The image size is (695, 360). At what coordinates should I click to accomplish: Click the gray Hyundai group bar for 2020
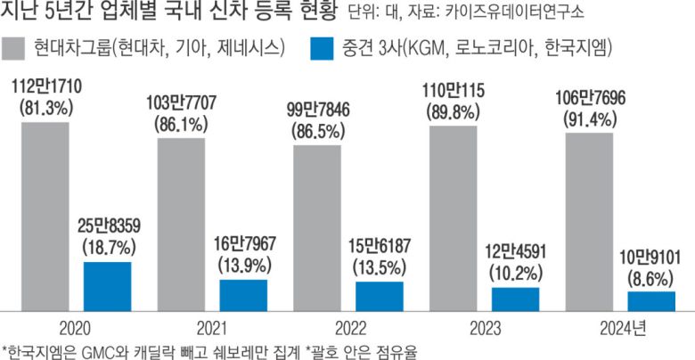click(x=45, y=213)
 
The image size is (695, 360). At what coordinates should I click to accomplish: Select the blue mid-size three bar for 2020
click(x=107, y=282)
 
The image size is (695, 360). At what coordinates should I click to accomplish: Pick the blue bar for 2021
click(x=242, y=291)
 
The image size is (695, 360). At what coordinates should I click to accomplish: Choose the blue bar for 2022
click(x=379, y=292)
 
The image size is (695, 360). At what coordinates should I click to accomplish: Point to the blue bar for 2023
click(x=515, y=295)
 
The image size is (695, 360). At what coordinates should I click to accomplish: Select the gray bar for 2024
click(x=589, y=218)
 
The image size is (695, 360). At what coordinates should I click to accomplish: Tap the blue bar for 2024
click(x=650, y=298)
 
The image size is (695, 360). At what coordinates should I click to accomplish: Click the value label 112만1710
click(x=45, y=86)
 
